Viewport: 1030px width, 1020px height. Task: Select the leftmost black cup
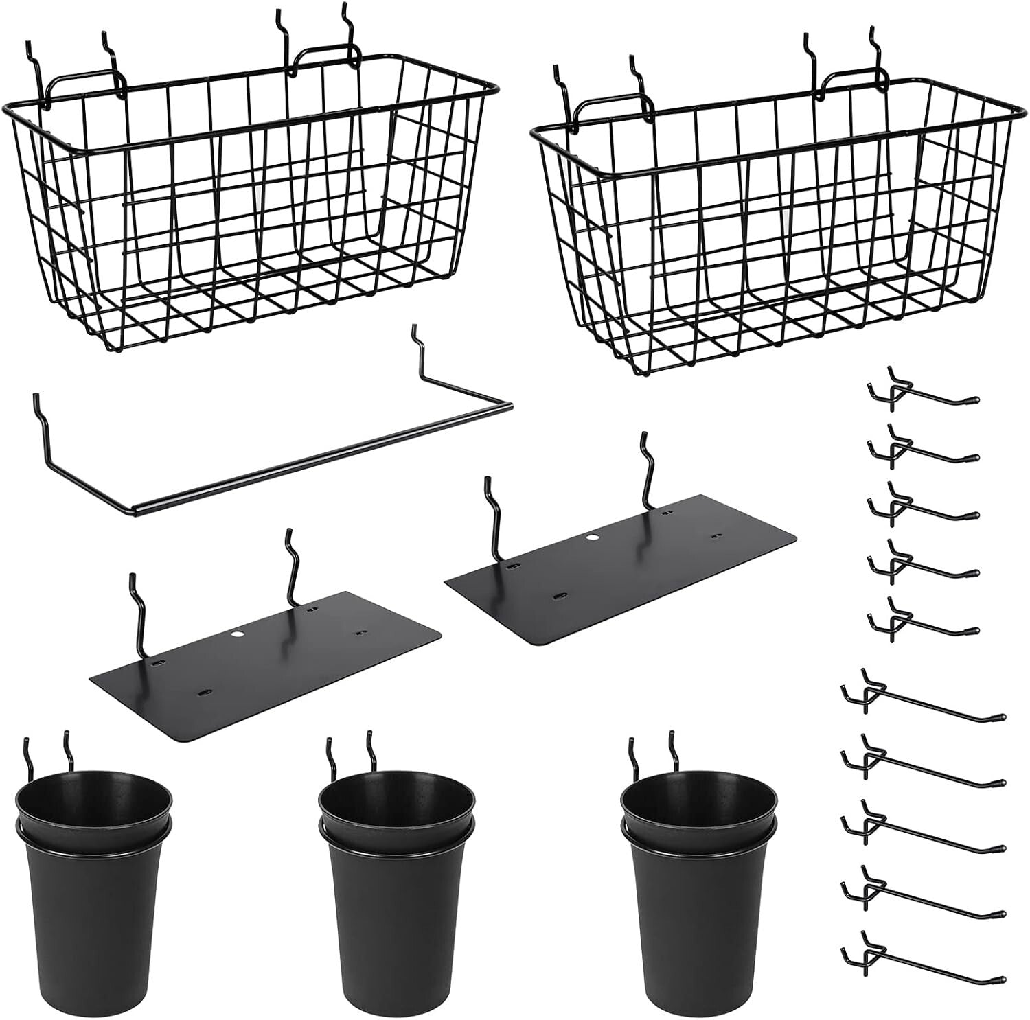(x=94, y=899)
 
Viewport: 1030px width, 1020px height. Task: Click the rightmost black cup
(x=698, y=899)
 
